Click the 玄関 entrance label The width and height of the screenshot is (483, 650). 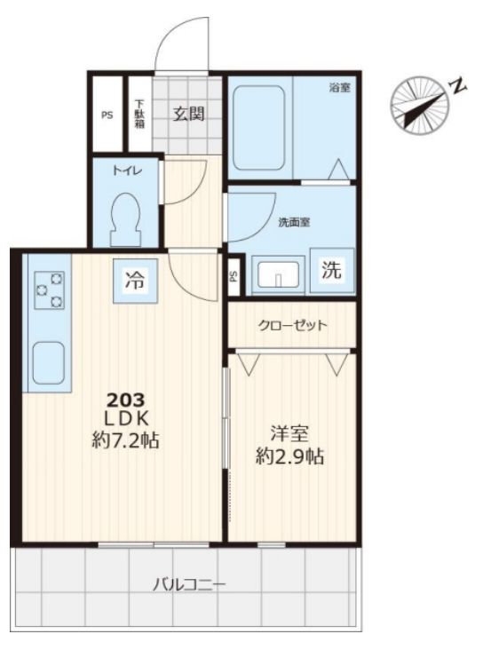pyautogui.click(x=188, y=113)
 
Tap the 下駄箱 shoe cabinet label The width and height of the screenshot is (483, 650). pyautogui.click(x=139, y=113)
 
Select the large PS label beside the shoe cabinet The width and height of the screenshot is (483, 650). pyautogui.click(x=107, y=115)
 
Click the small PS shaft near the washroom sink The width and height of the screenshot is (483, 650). pyautogui.click(x=234, y=275)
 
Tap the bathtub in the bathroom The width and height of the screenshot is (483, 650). pyautogui.click(x=258, y=128)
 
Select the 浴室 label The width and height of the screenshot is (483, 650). pyautogui.click(x=339, y=88)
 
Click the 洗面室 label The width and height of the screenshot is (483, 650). pyautogui.click(x=294, y=223)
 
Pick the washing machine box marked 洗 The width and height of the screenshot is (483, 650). pyautogui.click(x=332, y=271)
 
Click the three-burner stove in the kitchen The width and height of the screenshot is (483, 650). pyautogui.click(x=50, y=290)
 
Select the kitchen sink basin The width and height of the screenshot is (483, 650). pyautogui.click(x=49, y=363)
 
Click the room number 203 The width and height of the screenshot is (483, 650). pyautogui.click(x=126, y=400)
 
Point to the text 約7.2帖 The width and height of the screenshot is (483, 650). pyautogui.click(x=126, y=440)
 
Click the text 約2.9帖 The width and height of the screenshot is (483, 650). pyautogui.click(x=289, y=456)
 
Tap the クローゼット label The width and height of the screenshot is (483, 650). pyautogui.click(x=293, y=325)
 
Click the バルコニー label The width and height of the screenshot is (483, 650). pyautogui.click(x=189, y=585)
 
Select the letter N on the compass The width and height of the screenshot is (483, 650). pyautogui.click(x=459, y=86)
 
